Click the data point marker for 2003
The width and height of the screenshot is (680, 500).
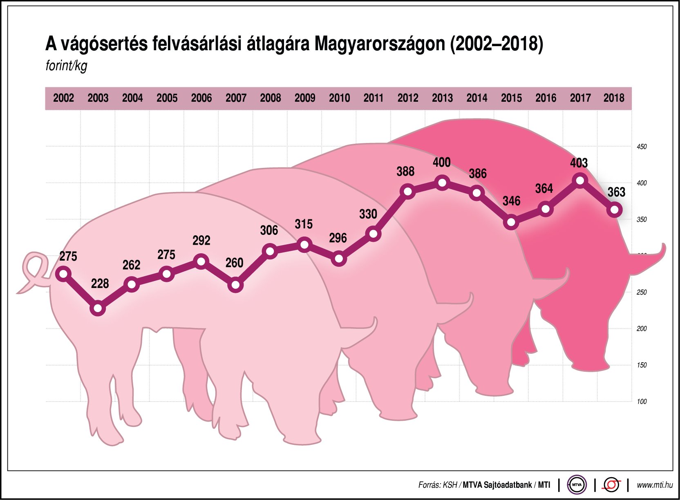[x=97, y=308]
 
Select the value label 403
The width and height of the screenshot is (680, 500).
[x=579, y=163]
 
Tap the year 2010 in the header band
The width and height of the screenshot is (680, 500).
[x=339, y=98]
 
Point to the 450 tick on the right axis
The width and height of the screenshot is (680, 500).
[x=642, y=147]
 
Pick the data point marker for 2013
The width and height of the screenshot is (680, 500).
[x=442, y=183]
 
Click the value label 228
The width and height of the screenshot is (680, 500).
[x=100, y=283]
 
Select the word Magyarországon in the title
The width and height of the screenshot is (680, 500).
[x=380, y=44]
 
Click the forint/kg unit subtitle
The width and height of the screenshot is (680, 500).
[x=66, y=66]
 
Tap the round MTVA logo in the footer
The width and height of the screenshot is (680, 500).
[x=577, y=485]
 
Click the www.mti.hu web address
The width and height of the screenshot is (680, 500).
[x=654, y=485]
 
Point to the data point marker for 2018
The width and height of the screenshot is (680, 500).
[x=614, y=210]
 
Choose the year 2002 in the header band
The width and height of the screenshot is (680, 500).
[x=63, y=98]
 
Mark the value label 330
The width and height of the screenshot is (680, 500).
[x=368, y=214]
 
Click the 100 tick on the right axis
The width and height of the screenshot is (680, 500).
[x=642, y=402]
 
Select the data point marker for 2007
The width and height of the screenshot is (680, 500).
[x=235, y=285]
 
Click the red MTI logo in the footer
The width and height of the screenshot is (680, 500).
[x=611, y=485]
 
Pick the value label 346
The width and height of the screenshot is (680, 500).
[x=511, y=201]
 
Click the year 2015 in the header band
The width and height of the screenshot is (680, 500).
[x=511, y=98]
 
